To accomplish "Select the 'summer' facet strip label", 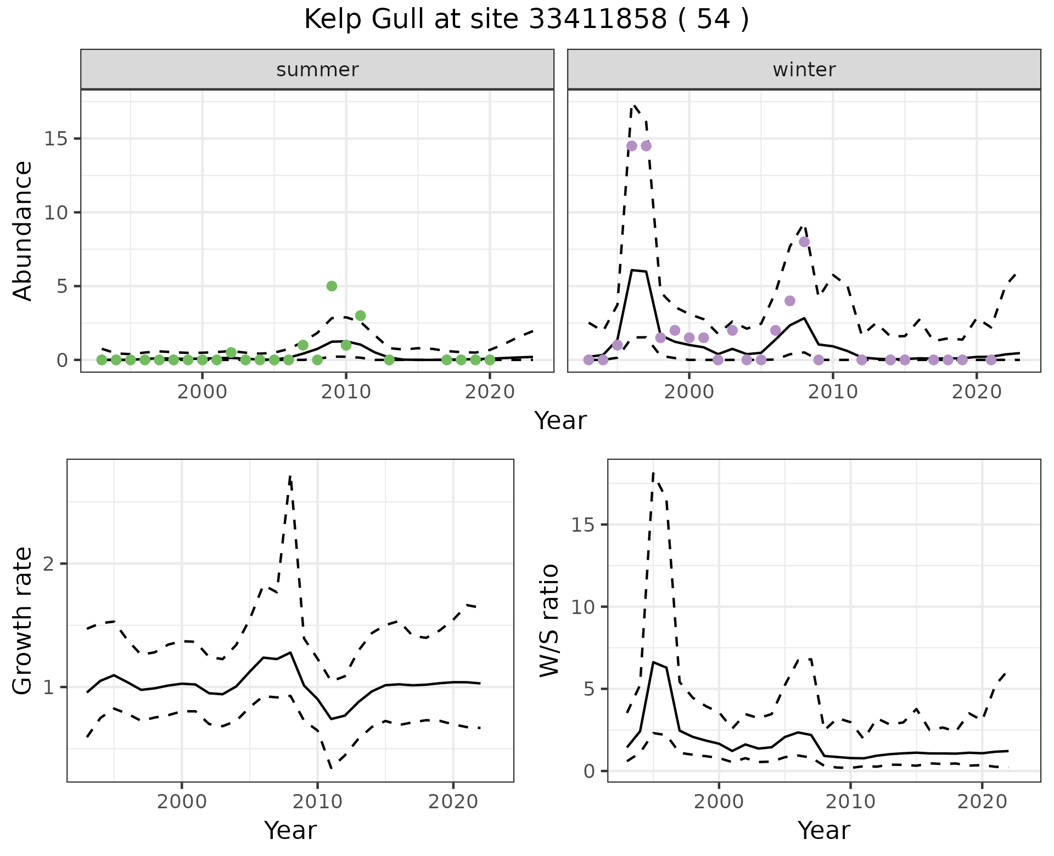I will click(x=317, y=70).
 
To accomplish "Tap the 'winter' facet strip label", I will click(x=804, y=70).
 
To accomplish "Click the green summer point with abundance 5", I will click(x=332, y=286).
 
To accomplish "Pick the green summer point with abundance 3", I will click(x=360, y=316).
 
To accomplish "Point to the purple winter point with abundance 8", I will click(x=804, y=242).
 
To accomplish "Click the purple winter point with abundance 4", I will click(x=790, y=301).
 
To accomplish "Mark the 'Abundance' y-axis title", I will click(x=23, y=230).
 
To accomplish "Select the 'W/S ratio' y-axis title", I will click(x=549, y=620).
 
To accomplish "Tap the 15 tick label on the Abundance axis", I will click(x=55, y=139).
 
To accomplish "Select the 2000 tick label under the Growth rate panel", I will click(x=182, y=801).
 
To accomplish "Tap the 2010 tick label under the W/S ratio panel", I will click(x=850, y=801).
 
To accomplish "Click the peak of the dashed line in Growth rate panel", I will click(x=290, y=476).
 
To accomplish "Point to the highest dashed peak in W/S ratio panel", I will click(x=653, y=472).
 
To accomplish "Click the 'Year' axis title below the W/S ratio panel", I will click(x=823, y=830).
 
